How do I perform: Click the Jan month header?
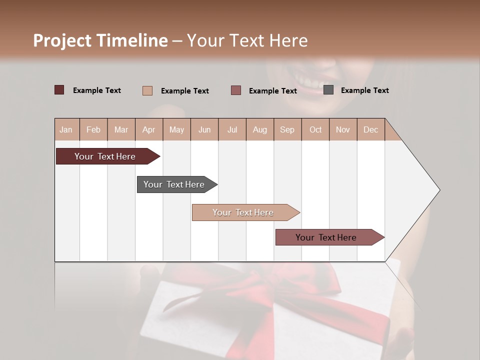click(x=66, y=129)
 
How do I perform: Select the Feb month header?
click(x=93, y=129)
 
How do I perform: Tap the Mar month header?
click(x=121, y=129)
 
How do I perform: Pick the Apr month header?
click(x=149, y=129)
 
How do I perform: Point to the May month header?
click(x=176, y=129)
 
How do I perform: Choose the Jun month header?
click(x=204, y=129)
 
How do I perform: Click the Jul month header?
click(x=232, y=129)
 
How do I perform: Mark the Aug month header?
click(x=260, y=129)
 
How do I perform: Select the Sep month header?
click(x=287, y=129)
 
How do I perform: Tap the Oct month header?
click(x=315, y=129)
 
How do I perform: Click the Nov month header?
click(x=343, y=129)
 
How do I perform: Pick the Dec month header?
click(x=371, y=129)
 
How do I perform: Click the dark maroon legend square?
click(x=59, y=90)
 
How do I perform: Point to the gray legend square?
click(x=328, y=90)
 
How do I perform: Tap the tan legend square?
click(x=147, y=90)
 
